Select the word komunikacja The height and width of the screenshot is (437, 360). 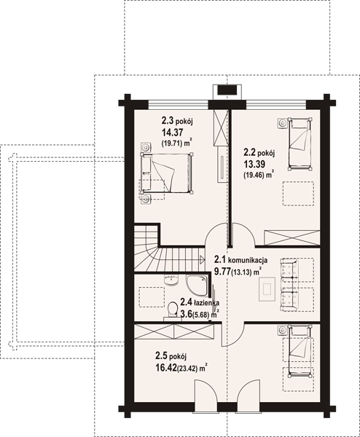pos(248,260)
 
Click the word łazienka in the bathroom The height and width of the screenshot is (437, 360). pos(207,303)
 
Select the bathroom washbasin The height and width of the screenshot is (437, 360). pos(171,280)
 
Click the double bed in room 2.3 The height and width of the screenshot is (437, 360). pos(166,173)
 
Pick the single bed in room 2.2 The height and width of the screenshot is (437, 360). pos(300,143)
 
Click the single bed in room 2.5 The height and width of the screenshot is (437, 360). pos(300,351)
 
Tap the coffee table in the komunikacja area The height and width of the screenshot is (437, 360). pos(267,289)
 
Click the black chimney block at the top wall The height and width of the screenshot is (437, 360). pos(227,90)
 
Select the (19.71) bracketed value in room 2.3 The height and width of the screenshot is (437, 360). pos(171,143)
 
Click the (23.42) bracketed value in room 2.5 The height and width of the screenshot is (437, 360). pos(187,369)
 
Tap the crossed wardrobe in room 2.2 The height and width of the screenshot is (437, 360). pos(292,237)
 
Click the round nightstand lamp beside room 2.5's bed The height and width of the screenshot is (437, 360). pos(283,330)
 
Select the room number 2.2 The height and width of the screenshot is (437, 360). pos(250,153)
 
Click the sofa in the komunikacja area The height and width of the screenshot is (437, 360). pos(289,285)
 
